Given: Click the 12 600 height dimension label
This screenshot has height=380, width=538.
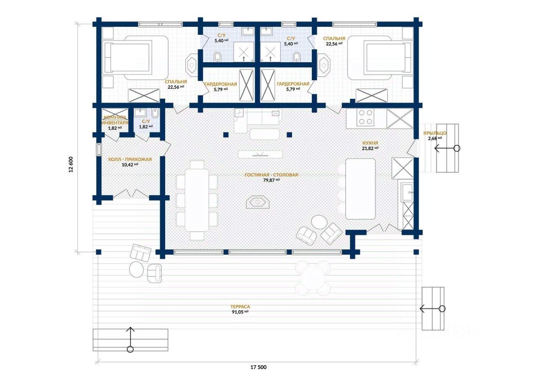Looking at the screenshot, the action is (71, 164).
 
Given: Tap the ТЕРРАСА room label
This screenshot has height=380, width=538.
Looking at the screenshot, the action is (240, 306).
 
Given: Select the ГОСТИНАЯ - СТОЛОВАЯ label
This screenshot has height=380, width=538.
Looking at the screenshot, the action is (272, 175).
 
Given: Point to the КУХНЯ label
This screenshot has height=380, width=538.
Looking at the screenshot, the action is (371, 143).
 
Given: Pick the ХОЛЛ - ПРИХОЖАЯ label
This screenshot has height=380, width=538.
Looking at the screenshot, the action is (130, 159).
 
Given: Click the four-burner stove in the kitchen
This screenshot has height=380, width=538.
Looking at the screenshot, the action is (365, 118).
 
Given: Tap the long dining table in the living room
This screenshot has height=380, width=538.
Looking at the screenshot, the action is (197, 200).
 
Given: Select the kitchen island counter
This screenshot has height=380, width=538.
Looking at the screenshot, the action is (360, 189).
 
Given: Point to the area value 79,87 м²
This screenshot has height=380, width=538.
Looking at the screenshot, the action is (272, 180).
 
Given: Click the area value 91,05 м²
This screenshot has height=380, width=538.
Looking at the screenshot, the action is (240, 312).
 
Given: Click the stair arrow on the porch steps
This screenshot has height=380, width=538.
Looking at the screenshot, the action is (447, 148).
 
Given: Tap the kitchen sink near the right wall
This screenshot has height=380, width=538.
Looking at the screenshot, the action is (407, 193).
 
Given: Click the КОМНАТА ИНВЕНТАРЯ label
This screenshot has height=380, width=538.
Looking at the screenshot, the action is (115, 120).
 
